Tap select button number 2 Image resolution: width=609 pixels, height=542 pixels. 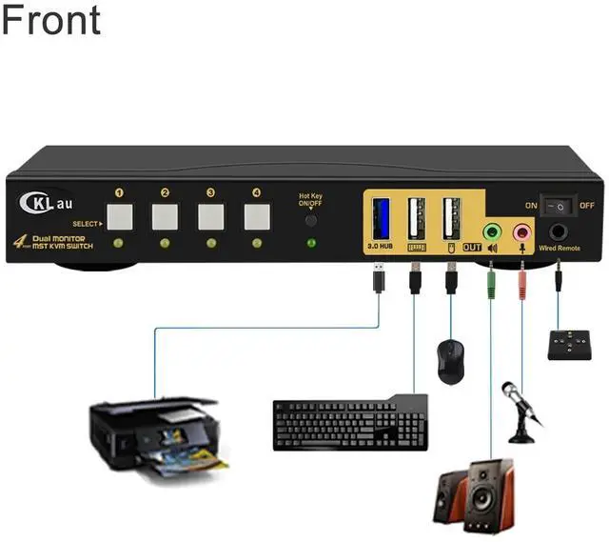(x=165, y=217)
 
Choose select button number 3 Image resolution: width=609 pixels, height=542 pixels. (x=210, y=217)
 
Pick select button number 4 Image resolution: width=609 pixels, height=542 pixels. (x=256, y=217)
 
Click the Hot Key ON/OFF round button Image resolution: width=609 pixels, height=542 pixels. (x=311, y=219)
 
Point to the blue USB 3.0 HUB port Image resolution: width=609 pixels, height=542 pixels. (x=379, y=220)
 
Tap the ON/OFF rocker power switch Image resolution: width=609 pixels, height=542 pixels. (x=560, y=205)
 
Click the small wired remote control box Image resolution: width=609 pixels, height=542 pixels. (x=574, y=344)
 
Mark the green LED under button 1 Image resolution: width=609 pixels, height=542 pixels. (x=119, y=245)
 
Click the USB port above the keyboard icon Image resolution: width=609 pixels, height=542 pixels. (x=415, y=220)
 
